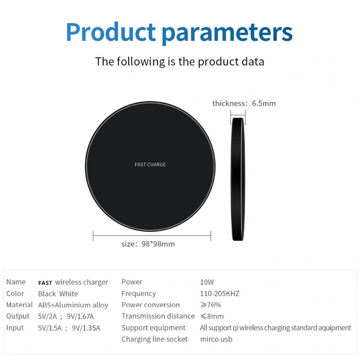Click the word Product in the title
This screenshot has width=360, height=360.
tap(111, 32)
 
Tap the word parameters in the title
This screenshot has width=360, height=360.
tap(227, 33)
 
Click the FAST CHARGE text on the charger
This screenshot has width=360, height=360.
tap(150, 164)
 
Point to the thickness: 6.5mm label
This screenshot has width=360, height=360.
tap(244, 103)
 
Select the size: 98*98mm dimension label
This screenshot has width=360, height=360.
tap(148, 244)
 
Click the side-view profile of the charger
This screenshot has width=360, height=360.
tap(238, 179)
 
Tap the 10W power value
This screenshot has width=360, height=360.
tap(207, 282)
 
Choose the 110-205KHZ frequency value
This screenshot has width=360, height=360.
tap(219, 293)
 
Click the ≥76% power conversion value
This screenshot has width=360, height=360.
tap(211, 304)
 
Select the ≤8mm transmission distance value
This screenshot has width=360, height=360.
tap(212, 316)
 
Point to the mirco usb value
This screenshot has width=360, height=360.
tap(216, 339)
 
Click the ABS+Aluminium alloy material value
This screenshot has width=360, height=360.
tap(73, 305)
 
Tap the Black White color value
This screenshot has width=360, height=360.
tap(58, 293)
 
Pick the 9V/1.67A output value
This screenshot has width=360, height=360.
tap(80, 316)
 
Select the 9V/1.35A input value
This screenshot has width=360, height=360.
tap(86, 328)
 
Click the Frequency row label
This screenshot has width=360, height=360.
tap(138, 293)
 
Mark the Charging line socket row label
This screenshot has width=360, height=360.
tap(154, 339)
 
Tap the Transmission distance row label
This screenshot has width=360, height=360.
tap(158, 316)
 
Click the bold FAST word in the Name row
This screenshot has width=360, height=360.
tap(45, 283)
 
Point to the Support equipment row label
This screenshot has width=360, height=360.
tap(153, 328)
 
